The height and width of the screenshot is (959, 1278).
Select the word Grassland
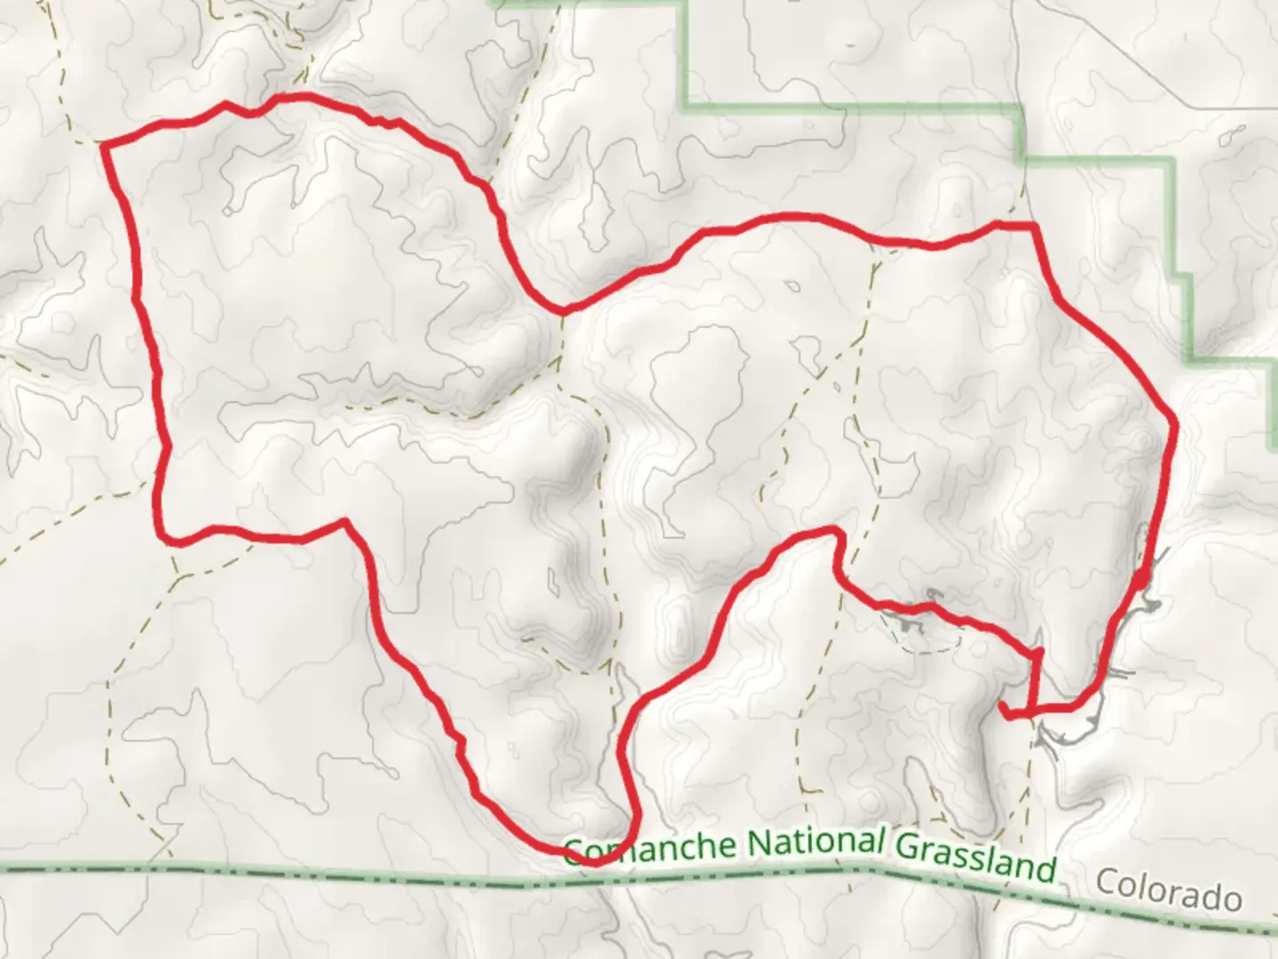pyautogui.click(x=974, y=856)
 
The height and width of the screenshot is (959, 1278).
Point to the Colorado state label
pyautogui.click(x=1167, y=890)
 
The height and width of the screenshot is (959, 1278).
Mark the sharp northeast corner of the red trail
pyautogui.click(x=1035, y=226)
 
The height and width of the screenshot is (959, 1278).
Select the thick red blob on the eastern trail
pyautogui.click(x=1139, y=582)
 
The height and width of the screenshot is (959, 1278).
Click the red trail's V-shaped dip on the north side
pyautogui.click(x=563, y=310)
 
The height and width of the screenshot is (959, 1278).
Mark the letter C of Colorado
pyautogui.click(x=1105, y=882)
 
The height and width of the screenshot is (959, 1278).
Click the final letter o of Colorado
pyautogui.click(x=1231, y=900)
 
